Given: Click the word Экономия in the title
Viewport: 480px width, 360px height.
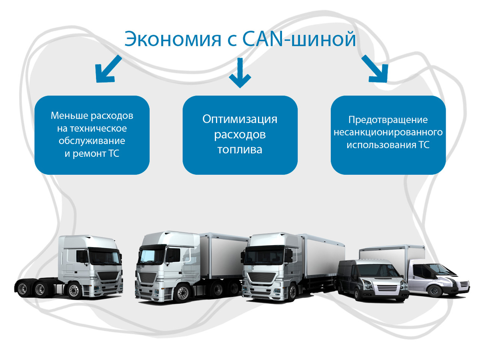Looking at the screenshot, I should point(173,39).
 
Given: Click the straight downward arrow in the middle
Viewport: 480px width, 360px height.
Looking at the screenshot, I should point(240,73).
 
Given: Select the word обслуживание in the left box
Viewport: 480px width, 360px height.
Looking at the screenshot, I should point(92,141).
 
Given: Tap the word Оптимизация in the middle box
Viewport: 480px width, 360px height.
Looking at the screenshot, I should point(240,119).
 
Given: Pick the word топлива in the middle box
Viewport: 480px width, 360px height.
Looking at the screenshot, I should point(240,150).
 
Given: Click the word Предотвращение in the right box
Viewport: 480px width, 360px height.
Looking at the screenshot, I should point(388,120).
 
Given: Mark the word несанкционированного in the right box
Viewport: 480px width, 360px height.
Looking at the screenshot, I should point(388,132).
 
